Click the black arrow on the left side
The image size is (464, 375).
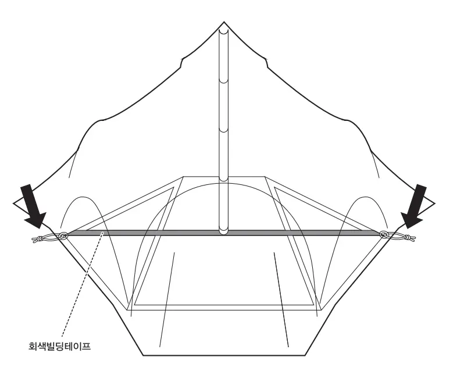point(33,206)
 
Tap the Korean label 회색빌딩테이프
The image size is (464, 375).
point(59,346)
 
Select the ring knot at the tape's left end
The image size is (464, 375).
point(63,237)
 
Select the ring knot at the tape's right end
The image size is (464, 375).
point(384,235)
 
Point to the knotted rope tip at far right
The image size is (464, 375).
point(411,238)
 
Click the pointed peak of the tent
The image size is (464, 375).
point(224,22)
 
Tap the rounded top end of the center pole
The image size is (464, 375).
point(224,31)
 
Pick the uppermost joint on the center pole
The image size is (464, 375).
point(224,80)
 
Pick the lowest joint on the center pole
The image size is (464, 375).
point(224,180)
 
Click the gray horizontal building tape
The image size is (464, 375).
point(224,233)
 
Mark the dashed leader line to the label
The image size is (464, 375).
point(83,284)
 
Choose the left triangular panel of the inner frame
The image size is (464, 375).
point(130,209)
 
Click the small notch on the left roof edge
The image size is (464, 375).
point(181,63)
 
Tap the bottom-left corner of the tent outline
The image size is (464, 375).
point(144,355)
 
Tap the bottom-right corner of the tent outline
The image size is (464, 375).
point(306,355)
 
